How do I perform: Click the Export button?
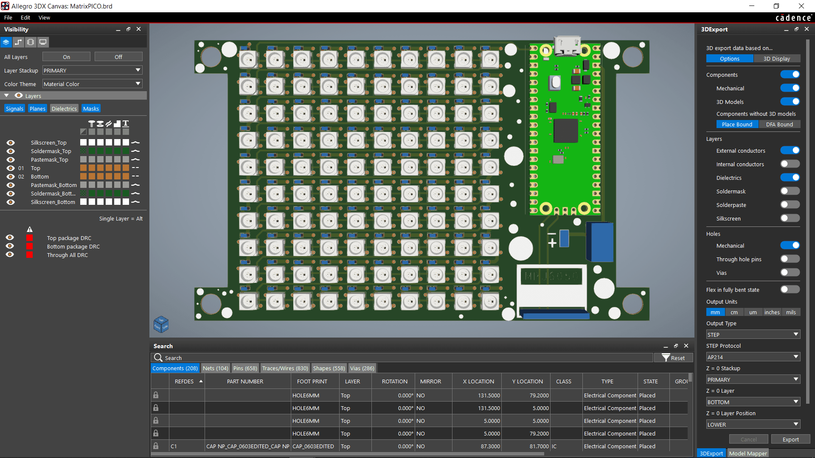coord(790,439)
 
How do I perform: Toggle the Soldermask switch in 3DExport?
coord(790,191)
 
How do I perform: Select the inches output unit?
coord(772,312)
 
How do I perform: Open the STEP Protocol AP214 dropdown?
coord(753,357)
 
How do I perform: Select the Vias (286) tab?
coord(362,368)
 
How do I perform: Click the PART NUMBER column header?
coord(245,381)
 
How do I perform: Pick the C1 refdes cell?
coord(174,446)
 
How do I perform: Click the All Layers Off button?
coord(118,57)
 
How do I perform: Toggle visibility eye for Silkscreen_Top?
coord(11,142)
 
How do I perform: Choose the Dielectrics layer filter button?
coord(64,109)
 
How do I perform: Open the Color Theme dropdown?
coord(92,84)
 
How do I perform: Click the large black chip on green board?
coord(565,130)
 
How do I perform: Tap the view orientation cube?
coord(161,324)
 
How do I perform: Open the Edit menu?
coord(25,17)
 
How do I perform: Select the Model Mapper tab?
coord(748,453)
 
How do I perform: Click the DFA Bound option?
coord(779,124)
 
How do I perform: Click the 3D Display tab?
coord(776,59)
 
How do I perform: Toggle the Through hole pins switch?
coord(790,259)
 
